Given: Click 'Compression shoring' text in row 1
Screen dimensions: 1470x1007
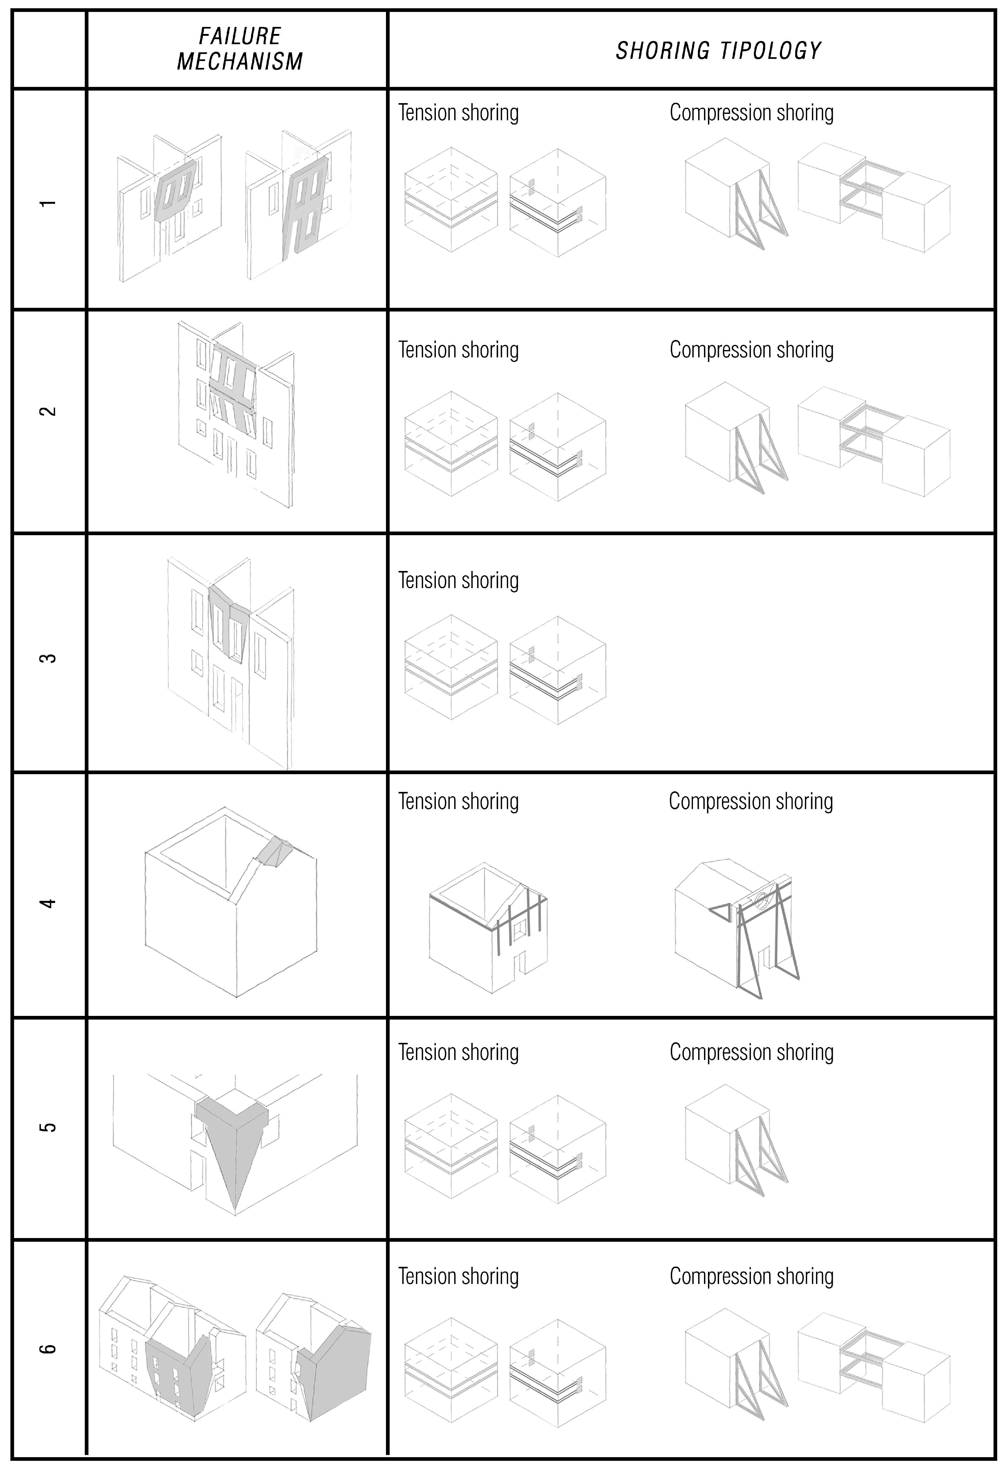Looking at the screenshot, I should (x=751, y=113).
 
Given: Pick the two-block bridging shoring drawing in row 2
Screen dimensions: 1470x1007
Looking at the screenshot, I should (x=873, y=440).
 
